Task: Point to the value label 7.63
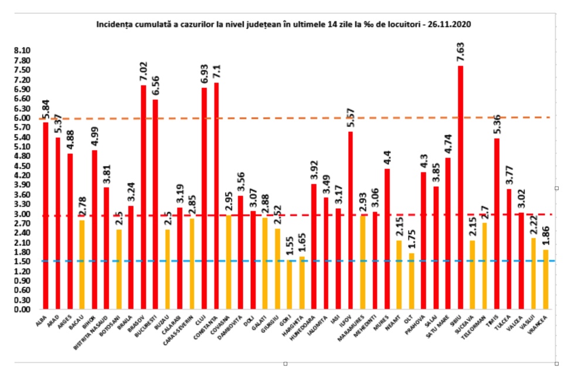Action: coord(461,53)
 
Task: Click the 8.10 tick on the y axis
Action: coord(22,51)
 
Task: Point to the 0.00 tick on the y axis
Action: coord(22,309)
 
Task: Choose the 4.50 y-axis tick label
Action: coord(22,165)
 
